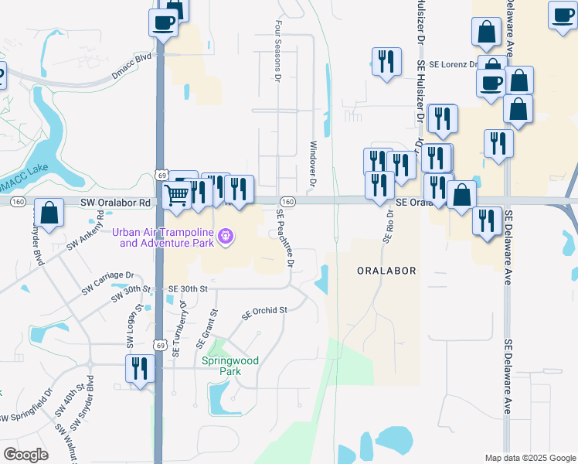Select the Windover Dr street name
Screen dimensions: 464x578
(x=313, y=165)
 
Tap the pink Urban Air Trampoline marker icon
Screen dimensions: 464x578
(x=226, y=235)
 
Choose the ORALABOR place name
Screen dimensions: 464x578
(x=387, y=271)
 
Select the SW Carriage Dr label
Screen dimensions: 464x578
(x=109, y=283)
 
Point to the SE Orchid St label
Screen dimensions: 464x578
(x=264, y=312)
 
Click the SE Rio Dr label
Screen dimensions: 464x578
(x=388, y=226)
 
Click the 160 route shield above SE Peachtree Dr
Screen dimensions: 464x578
(x=287, y=202)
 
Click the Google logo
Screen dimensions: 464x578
(x=25, y=455)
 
